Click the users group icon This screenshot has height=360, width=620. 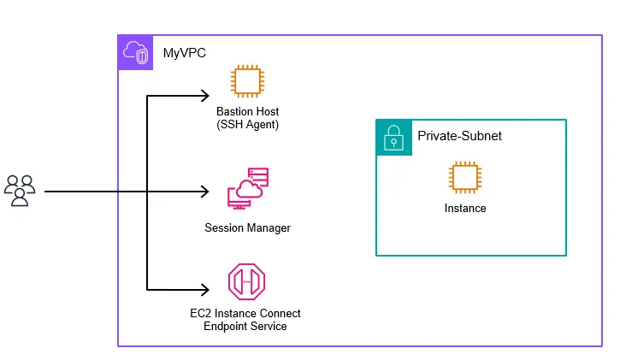pos(20,191)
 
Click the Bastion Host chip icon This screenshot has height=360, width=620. pos(247,82)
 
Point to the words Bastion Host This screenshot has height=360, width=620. pos(247,112)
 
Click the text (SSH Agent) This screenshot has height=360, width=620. pos(247,125)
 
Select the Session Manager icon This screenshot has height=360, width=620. pos(247,190)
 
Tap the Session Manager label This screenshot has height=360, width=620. pos(247,228)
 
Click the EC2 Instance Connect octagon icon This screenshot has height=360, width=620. pos(247,281)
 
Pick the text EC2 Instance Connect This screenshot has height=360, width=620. pos(245,314)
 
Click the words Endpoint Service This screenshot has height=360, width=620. pos(245,327)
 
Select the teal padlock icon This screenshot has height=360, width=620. pos(393,137)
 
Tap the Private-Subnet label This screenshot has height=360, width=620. pos(459,136)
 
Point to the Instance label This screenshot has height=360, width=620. pos(465,209)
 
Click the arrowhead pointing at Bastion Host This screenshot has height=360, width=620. pos(206,95)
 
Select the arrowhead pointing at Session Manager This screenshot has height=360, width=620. pos(206,192)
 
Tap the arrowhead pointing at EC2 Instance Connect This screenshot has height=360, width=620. pos(206,290)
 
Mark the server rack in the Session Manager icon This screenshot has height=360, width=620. pos(258,176)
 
